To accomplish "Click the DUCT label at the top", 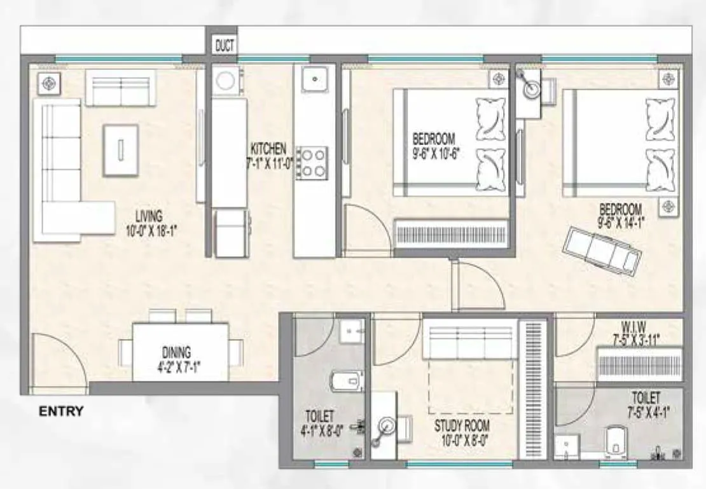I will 225,46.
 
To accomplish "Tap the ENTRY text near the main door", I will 61,411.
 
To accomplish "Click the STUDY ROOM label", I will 462,425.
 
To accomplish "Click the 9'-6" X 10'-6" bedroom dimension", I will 440,152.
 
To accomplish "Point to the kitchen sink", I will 314,79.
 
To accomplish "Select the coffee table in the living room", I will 121,150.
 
